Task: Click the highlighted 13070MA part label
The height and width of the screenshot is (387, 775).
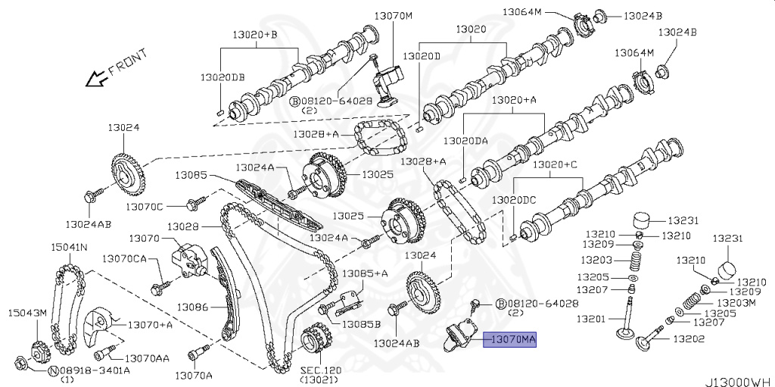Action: [x=511, y=341]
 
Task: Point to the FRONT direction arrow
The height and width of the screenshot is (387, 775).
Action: [x=97, y=76]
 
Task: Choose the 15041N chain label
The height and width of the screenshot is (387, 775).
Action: [x=69, y=247]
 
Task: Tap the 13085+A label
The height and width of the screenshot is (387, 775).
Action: [x=365, y=273]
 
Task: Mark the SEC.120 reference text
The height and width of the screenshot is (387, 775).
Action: [x=320, y=371]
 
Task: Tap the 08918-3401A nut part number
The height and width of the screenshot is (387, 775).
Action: [x=94, y=370]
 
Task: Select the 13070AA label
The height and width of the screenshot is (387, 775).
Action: [x=147, y=358]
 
